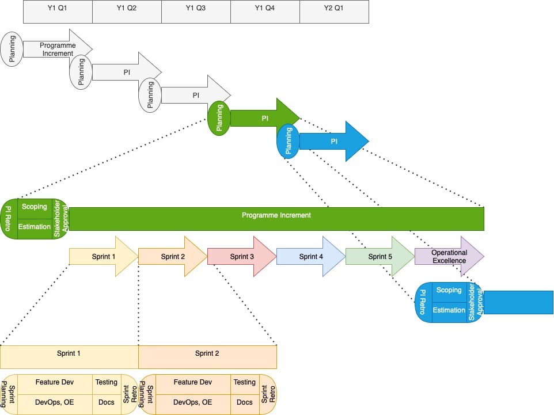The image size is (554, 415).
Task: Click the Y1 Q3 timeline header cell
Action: (196, 12)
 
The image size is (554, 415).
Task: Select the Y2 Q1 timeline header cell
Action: (334, 12)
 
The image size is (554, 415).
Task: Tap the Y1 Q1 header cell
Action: (58, 12)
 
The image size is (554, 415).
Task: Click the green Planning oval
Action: (219, 118)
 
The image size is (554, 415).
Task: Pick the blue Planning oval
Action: (289, 142)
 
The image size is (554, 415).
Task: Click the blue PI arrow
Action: (334, 142)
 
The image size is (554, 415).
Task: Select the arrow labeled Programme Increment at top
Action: (58, 50)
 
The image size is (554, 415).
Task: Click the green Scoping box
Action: (35, 207)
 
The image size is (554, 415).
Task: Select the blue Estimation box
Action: (449, 311)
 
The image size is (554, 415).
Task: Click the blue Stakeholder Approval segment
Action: (475, 302)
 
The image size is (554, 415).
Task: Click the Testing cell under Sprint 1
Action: (107, 383)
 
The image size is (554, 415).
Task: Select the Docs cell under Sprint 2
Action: (245, 402)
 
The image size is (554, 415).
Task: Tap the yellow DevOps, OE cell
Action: (55, 402)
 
